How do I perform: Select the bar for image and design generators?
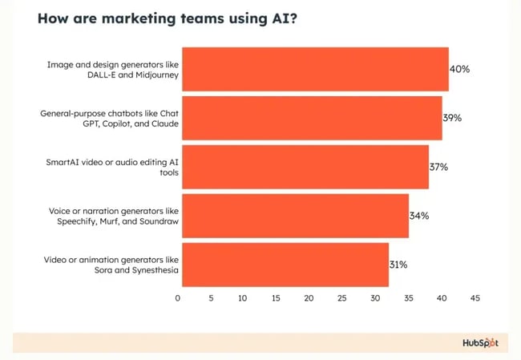tap(313, 69)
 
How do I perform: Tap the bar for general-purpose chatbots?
tap(309, 118)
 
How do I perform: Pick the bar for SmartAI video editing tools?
tap(303, 167)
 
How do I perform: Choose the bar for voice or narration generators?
tap(293, 216)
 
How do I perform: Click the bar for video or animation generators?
tap(283, 265)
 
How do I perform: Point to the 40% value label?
tap(459, 69)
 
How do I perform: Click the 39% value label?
tap(452, 118)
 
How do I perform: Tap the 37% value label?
tap(438, 167)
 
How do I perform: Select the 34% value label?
tap(419, 216)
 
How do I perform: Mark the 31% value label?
tap(398, 265)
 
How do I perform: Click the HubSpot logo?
tap(479, 343)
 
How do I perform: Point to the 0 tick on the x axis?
tap(178, 298)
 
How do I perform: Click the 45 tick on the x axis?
tap(475, 298)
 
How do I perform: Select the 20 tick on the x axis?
tap(309, 298)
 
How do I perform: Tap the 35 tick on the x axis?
tap(409, 298)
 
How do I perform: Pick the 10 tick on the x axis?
tap(244, 298)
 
